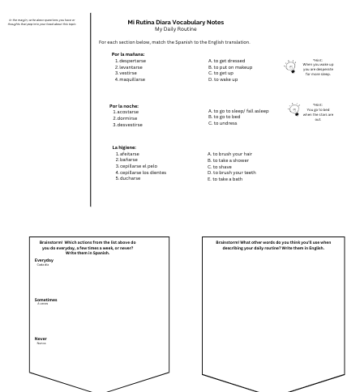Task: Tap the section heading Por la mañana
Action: point(128,54)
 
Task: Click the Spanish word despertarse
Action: point(132,61)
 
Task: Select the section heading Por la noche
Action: point(125,105)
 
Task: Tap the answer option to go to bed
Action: point(226,117)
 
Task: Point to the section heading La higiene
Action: point(124,147)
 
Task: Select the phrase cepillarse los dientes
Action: point(143,173)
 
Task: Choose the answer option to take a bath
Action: point(226,178)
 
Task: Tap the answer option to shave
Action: point(222,166)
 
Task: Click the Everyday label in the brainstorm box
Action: point(44,260)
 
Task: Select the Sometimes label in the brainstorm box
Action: point(45,300)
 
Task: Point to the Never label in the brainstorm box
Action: point(41,339)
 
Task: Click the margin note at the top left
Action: point(41,21)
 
